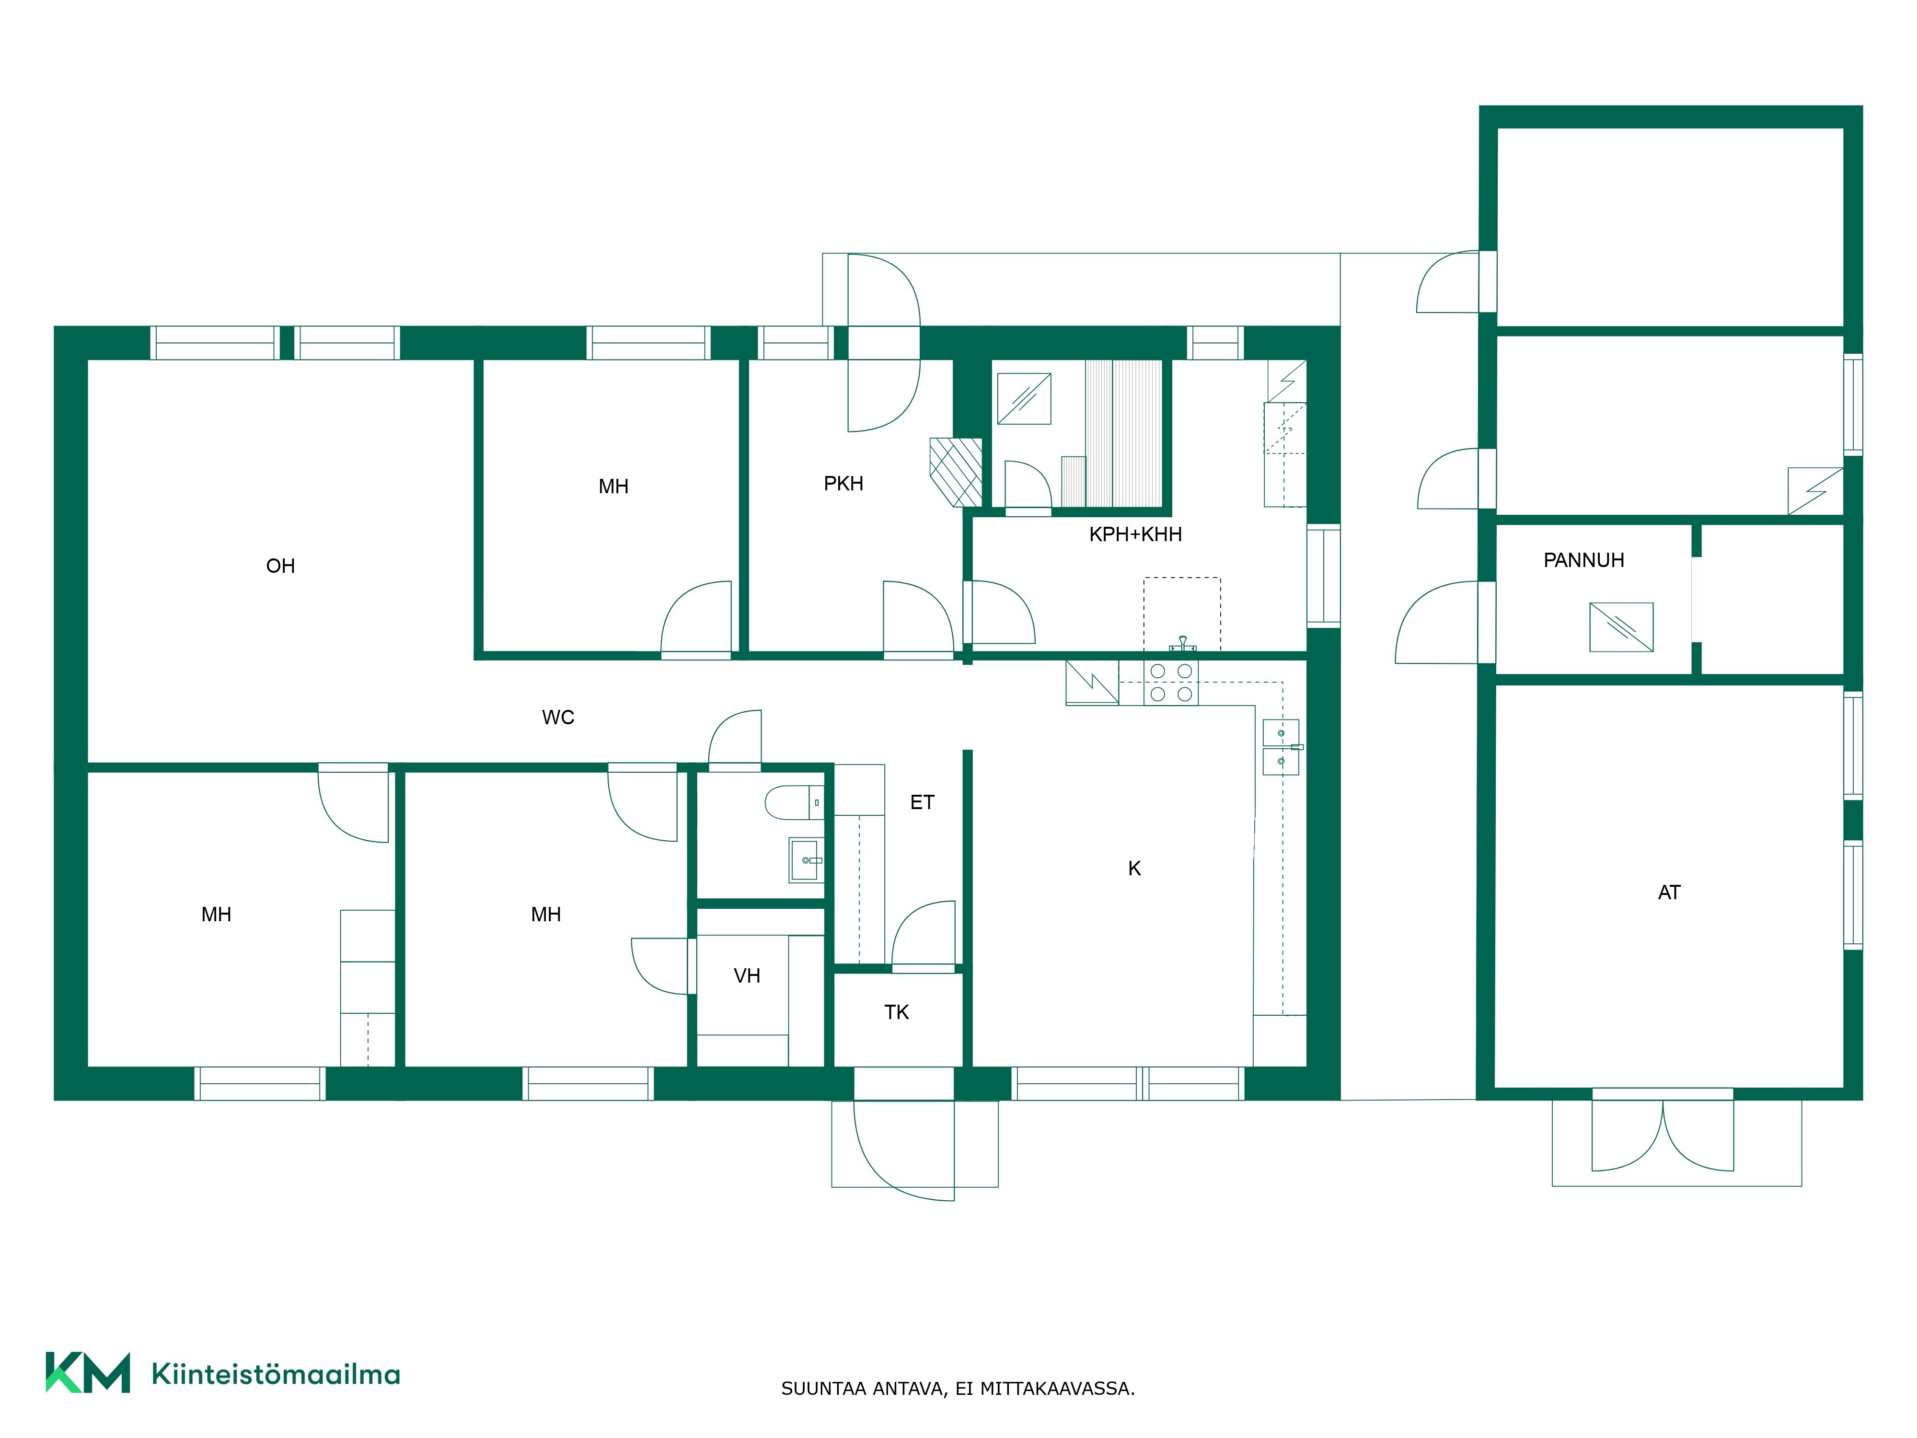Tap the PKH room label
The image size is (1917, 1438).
point(843,484)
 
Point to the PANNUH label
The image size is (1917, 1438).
point(1583,560)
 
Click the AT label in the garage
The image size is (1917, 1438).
point(1669,892)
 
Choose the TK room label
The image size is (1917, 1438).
point(896,1011)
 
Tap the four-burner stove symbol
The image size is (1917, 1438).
point(1171,682)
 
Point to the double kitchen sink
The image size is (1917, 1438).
point(1281,746)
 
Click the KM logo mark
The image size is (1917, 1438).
point(88,1372)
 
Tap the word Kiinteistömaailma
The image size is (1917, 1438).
point(276,1374)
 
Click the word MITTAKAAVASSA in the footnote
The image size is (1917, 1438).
point(1057,1389)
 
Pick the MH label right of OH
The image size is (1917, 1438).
point(613,486)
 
